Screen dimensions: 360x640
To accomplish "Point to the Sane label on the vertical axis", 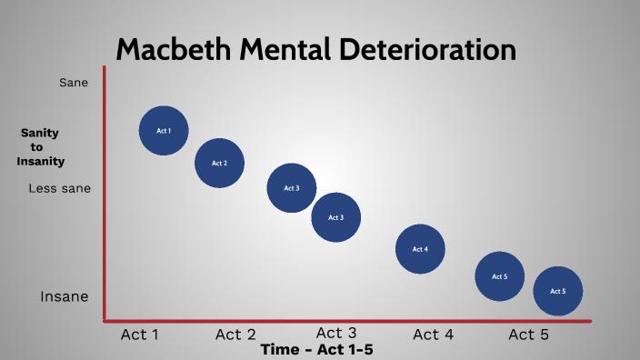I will point(73,83).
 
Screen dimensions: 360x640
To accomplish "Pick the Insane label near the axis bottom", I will point(64,296).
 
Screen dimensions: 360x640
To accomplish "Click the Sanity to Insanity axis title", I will point(40,146).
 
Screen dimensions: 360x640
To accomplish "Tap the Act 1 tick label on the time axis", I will point(140,335).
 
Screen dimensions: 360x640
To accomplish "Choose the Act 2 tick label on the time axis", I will point(235,335).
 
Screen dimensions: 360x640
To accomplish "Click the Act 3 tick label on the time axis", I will point(335,333).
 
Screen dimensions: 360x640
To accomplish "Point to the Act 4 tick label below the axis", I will point(433,335).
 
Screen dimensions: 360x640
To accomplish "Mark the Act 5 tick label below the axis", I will point(528,335).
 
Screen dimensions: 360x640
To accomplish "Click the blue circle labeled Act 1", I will point(164,130).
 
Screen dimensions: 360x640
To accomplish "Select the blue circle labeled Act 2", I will point(219,164).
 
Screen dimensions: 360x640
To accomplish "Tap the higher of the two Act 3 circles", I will point(291,188).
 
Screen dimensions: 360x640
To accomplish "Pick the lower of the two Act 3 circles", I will point(335,217).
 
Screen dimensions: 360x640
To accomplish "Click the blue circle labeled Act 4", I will point(420,249).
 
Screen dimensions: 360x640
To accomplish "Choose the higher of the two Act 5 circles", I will point(499,275).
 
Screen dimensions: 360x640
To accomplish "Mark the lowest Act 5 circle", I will point(557,291).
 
